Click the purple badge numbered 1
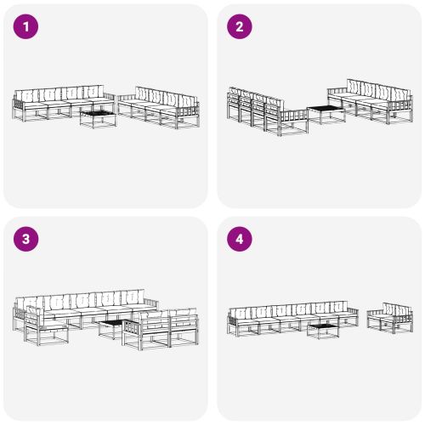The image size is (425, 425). (26, 27)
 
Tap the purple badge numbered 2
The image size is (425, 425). (239, 27)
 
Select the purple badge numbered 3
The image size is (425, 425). (26, 240)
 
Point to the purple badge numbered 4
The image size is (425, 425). (239, 240)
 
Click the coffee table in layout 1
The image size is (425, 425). (98, 117)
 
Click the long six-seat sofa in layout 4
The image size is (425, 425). (289, 316)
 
